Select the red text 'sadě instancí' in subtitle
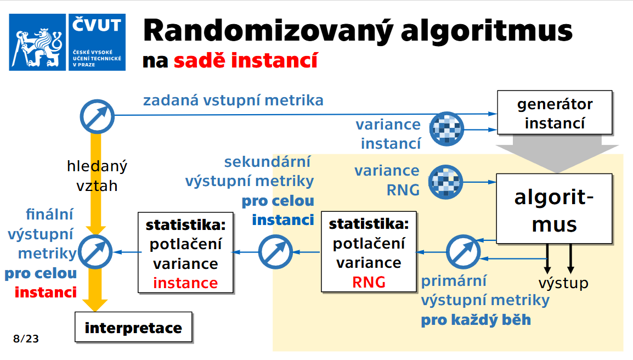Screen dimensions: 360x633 [246, 60]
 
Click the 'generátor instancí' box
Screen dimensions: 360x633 [554, 113]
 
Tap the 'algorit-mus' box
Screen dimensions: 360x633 [554, 209]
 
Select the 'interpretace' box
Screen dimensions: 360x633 [133, 328]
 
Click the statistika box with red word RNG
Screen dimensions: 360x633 [369, 253]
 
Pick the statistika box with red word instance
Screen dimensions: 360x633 [185, 253]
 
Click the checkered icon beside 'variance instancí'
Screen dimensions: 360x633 [447, 130]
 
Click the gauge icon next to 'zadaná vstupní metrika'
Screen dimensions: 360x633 [97, 116]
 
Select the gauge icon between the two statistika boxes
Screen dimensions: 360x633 [274, 252]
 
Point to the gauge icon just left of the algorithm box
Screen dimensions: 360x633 [462, 252]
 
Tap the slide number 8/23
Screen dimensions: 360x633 [26, 339]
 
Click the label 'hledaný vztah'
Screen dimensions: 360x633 [97, 176]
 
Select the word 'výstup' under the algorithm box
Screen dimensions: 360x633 [563, 283]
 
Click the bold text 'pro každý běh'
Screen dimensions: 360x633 [476, 320]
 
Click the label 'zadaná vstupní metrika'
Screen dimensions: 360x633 [233, 100]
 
